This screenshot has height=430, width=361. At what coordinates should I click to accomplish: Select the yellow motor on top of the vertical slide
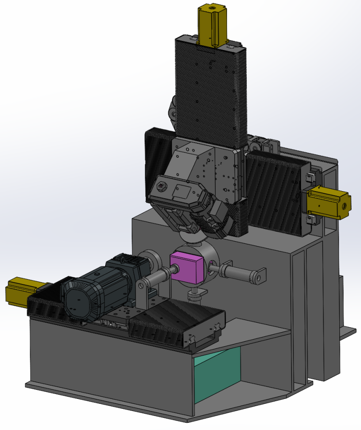tap(211, 26)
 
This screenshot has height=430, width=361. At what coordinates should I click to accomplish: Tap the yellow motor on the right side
tap(327, 204)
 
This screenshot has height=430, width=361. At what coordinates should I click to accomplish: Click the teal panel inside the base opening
tap(217, 370)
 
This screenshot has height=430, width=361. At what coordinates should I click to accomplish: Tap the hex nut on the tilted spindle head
tap(161, 186)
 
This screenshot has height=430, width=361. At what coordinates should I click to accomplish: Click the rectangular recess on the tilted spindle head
tap(182, 191)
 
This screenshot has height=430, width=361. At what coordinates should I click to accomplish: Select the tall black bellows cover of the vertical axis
tap(210, 90)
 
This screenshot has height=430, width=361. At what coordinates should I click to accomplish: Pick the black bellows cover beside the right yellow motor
tap(275, 189)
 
